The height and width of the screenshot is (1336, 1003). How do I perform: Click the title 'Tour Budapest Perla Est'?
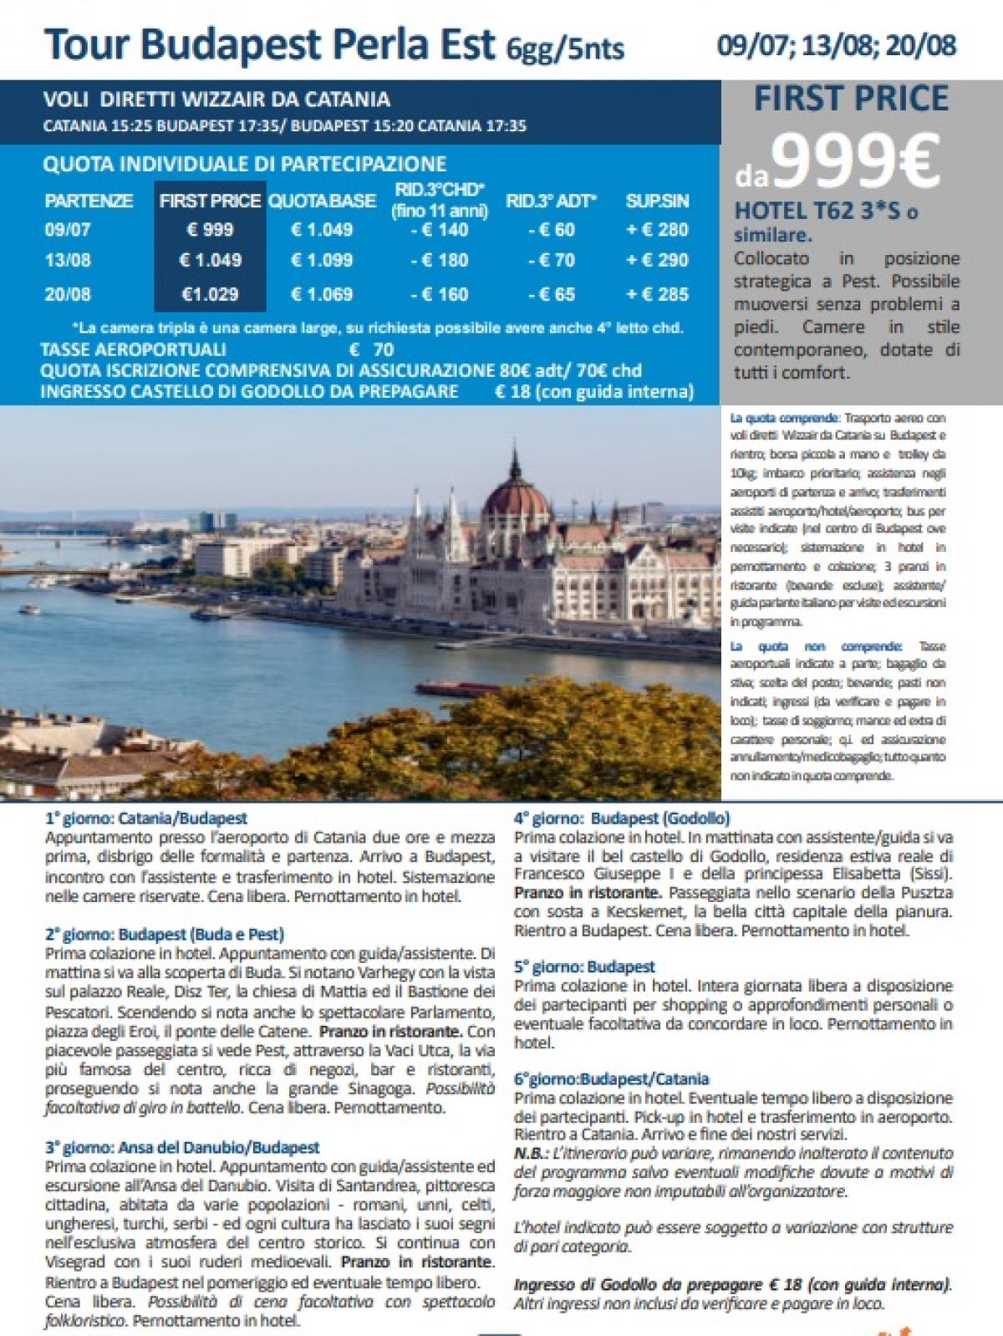pyautogui.click(x=269, y=44)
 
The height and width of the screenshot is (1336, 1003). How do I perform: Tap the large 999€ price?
pyautogui.click(x=854, y=162)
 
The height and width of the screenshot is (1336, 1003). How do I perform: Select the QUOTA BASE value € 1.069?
pyautogui.click(x=322, y=294)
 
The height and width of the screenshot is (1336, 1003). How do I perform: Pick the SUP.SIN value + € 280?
pyautogui.click(x=657, y=229)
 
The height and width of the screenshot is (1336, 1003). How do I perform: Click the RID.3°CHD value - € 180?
pyautogui.click(x=440, y=260)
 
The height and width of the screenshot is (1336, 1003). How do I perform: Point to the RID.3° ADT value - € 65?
pyautogui.click(x=551, y=294)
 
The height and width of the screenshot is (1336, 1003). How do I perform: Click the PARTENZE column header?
pyautogui.click(x=89, y=201)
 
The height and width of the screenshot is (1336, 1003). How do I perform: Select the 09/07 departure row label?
pyautogui.click(x=68, y=229)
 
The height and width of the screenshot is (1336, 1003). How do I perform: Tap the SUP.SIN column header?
pyautogui.click(x=657, y=201)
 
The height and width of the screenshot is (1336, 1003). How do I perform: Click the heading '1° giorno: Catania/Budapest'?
pyautogui.click(x=146, y=818)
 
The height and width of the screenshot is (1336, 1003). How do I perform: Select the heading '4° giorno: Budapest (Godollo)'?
pyautogui.click(x=622, y=818)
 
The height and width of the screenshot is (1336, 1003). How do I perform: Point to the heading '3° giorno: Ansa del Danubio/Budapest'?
pyautogui.click(x=182, y=1148)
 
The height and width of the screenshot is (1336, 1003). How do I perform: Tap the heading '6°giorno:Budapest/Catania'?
pyautogui.click(x=611, y=1078)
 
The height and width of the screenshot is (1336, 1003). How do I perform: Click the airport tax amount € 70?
pyautogui.click(x=371, y=349)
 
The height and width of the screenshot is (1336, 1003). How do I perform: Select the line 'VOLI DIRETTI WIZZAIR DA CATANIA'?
pyautogui.click(x=216, y=100)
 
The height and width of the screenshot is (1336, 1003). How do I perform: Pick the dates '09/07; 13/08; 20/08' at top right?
pyautogui.click(x=836, y=44)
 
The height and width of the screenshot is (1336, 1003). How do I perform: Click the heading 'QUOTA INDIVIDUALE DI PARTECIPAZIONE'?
pyautogui.click(x=245, y=164)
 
